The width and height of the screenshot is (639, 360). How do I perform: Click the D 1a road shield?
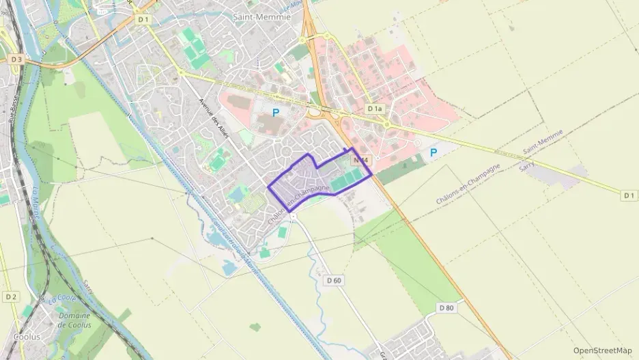point(374,109)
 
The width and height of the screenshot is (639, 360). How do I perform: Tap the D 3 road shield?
point(16,59)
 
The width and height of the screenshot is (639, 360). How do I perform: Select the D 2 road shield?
point(10,296)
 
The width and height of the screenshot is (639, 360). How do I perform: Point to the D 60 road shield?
point(334,280)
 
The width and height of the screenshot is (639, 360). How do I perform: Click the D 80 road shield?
point(446,308)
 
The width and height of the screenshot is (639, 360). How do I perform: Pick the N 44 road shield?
point(361,160)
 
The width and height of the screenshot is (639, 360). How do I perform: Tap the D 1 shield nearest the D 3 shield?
point(143,20)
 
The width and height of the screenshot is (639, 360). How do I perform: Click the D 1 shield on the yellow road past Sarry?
point(629,195)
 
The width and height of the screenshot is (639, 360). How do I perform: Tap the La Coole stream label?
point(60,299)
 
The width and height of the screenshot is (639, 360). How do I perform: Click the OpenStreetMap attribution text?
point(602,350)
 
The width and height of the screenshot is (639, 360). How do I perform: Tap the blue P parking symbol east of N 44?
point(433,154)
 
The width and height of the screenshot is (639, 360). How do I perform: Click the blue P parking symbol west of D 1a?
point(276,113)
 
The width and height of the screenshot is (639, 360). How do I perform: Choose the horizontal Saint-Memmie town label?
point(261,17)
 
